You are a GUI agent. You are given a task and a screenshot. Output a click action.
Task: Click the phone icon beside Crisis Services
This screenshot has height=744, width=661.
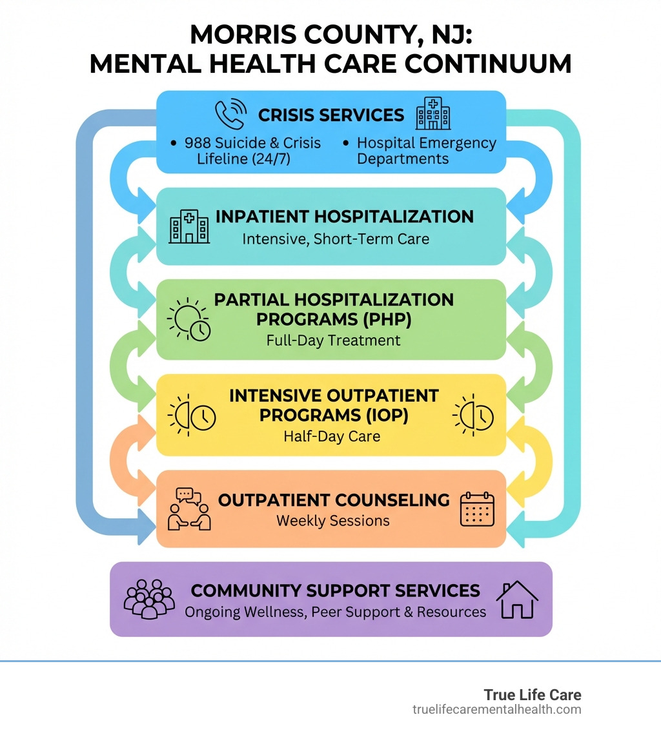230,113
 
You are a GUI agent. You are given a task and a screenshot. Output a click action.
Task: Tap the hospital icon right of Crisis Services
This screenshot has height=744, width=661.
433,114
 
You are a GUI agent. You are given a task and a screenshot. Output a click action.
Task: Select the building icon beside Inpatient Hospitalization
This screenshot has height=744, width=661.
188,226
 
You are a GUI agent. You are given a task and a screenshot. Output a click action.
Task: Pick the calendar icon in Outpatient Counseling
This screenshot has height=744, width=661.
477,509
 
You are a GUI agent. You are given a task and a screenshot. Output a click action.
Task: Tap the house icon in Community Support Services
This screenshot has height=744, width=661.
516,600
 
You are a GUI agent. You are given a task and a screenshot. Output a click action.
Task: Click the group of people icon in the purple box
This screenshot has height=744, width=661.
149,599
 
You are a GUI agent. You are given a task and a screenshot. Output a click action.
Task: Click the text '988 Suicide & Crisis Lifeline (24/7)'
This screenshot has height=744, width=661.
252,151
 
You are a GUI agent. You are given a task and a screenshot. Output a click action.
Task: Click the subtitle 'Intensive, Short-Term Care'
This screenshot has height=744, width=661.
336,239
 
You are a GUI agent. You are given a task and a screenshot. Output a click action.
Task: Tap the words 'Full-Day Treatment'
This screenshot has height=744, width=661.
333,340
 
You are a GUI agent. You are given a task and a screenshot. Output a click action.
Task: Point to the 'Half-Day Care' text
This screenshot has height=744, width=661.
332,436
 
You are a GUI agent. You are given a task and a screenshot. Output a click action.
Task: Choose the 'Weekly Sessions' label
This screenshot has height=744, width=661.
333,521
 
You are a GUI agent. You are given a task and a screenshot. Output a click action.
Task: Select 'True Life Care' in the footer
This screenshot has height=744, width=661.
533,695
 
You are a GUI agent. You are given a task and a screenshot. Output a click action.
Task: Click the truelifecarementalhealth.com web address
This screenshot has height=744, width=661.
497,710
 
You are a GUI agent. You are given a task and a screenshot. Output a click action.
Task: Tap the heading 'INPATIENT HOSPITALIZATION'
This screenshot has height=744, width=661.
344,217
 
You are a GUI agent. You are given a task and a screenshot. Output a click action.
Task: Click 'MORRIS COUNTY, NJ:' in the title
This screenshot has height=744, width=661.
330,34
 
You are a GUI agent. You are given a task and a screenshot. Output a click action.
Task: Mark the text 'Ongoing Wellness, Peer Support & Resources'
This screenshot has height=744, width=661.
336,612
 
